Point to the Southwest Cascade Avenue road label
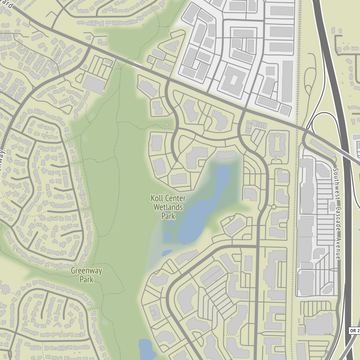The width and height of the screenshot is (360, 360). tap(337, 214)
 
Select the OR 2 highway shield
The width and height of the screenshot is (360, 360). tap(355, 331)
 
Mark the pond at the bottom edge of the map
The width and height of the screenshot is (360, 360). tap(145, 349)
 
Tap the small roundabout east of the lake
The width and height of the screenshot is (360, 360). tap(273, 207)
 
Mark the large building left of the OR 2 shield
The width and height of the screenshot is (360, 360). tap(320, 324)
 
